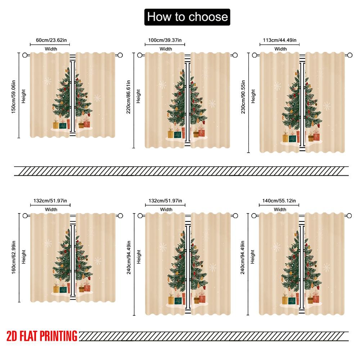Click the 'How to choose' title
click(x=187, y=17)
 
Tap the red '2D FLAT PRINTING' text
click(x=42, y=336)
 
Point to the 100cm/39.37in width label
click(x=165, y=40)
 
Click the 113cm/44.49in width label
click(x=280, y=40)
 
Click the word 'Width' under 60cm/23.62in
click(x=51, y=49)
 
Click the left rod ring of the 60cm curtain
click(x=25, y=55)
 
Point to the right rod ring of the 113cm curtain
click(x=349, y=55)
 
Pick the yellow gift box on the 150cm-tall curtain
click(x=56, y=125)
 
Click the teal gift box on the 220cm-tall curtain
click(x=178, y=134)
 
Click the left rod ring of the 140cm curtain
click(x=254, y=215)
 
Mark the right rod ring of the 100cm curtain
click(x=235, y=55)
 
